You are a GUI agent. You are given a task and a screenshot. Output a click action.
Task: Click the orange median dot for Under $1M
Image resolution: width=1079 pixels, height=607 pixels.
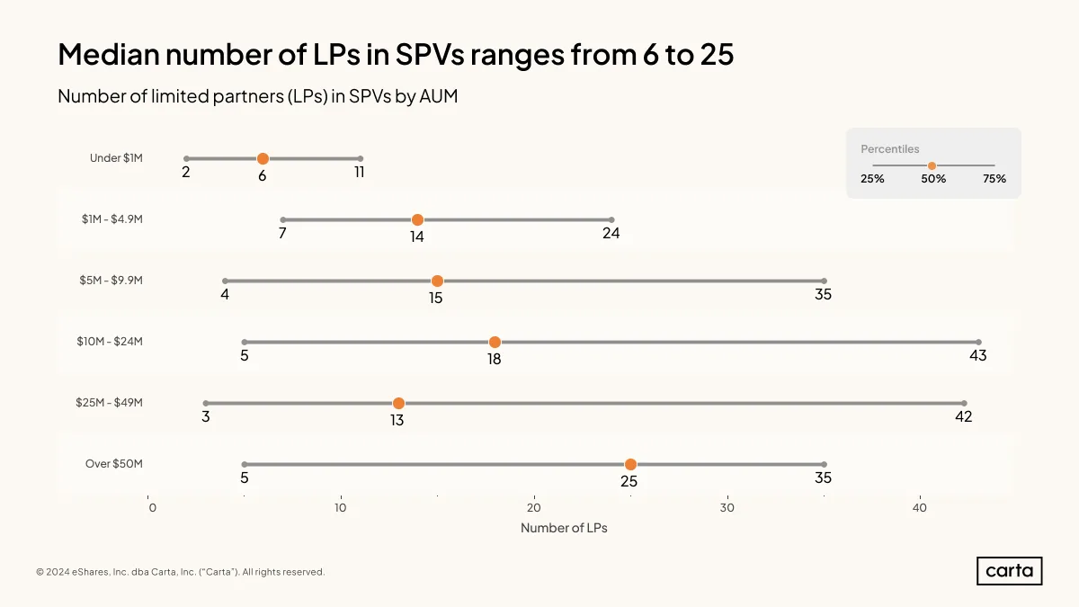click(263, 158)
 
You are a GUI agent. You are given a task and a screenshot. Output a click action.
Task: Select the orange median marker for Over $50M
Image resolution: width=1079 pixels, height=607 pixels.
click(630, 464)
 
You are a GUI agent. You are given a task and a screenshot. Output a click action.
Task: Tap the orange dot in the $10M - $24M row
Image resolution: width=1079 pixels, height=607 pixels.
click(495, 342)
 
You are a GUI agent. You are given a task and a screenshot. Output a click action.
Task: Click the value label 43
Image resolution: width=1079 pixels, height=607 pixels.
click(978, 355)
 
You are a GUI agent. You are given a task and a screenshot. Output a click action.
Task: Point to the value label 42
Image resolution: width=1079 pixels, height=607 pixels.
click(963, 416)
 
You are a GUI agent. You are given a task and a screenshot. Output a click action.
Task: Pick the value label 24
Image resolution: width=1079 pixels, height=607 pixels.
click(611, 233)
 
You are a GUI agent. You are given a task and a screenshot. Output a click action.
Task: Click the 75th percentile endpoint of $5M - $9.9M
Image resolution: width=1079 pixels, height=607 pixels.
click(825, 281)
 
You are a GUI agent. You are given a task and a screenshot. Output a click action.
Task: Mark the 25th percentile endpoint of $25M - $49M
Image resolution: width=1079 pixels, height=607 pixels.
click(206, 403)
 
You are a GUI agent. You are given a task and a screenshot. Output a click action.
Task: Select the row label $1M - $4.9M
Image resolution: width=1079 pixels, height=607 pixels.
click(112, 219)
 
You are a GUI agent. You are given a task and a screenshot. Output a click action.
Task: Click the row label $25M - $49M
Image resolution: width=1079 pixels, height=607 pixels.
click(110, 402)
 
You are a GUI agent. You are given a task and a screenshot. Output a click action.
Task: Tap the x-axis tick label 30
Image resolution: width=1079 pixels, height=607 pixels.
click(727, 508)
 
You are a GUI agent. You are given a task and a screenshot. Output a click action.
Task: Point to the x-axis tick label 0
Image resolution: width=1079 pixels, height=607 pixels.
click(153, 508)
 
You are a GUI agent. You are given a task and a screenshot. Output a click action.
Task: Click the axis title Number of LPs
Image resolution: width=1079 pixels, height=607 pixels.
click(564, 528)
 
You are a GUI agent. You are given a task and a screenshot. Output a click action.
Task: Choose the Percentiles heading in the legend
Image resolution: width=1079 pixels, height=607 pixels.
click(889, 149)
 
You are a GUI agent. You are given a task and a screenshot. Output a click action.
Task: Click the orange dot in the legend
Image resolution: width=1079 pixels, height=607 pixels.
click(932, 165)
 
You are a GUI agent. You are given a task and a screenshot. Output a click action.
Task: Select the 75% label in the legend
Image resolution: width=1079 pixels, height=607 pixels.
click(994, 179)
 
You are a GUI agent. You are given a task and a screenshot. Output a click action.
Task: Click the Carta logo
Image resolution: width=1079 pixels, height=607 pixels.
click(1009, 571)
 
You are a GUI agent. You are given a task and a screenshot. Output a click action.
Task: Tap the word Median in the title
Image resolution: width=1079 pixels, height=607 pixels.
click(109, 54)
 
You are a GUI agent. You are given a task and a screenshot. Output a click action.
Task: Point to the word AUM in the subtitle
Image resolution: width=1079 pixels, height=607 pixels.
click(439, 96)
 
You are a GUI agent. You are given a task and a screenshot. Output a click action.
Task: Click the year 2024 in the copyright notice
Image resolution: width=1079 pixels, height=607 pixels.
click(58, 572)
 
